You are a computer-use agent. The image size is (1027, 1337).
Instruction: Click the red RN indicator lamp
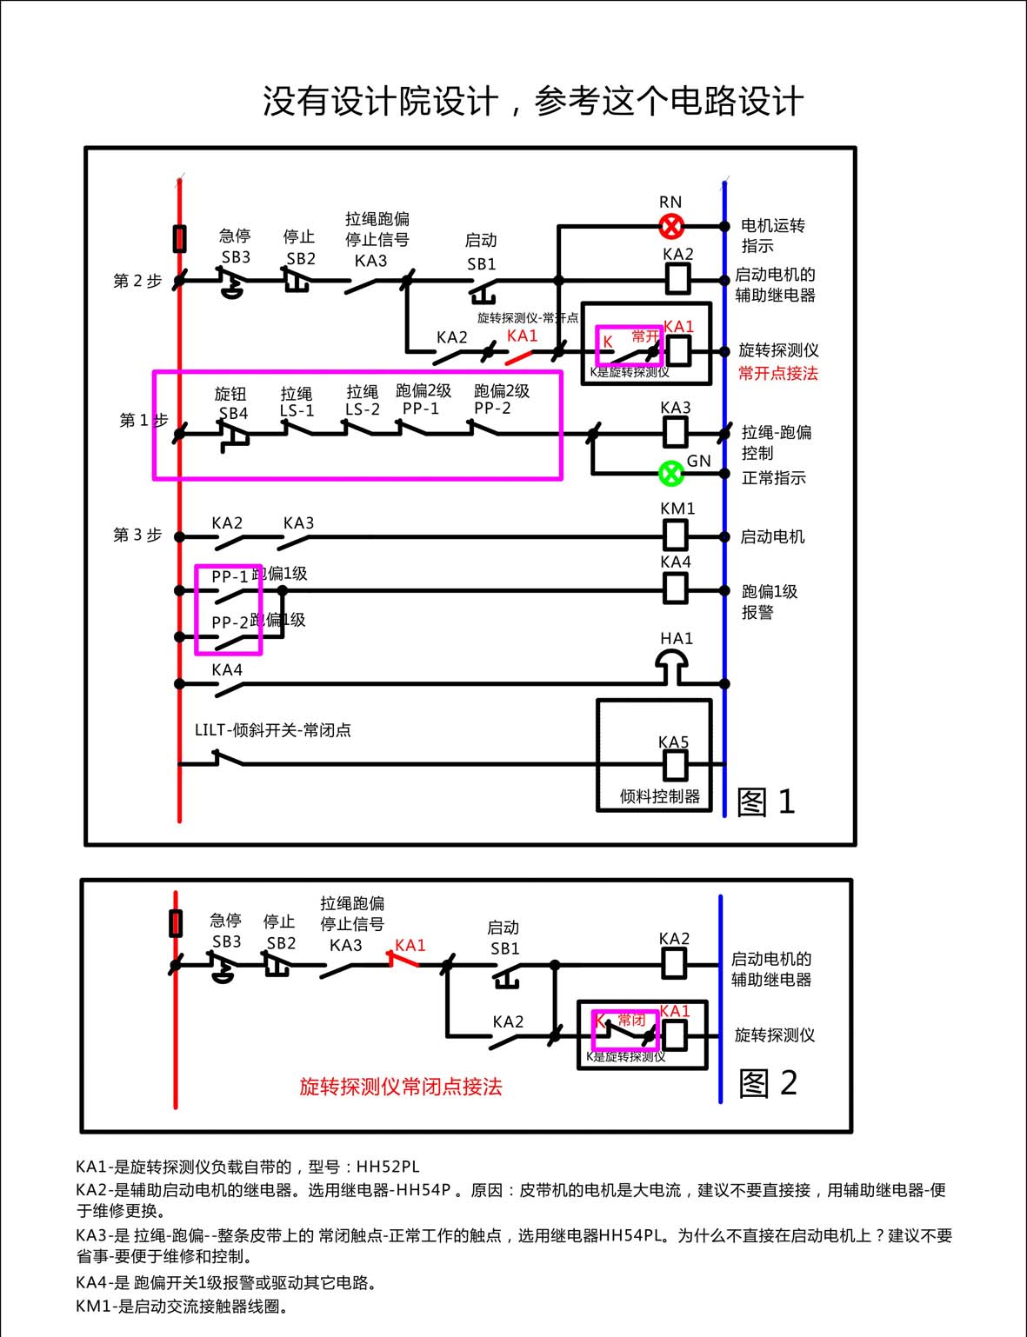point(670,227)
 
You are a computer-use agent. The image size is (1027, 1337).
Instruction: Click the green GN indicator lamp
point(670,474)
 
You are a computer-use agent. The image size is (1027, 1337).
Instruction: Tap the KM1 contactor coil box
point(676,535)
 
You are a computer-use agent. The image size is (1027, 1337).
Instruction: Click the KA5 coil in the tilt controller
point(675,765)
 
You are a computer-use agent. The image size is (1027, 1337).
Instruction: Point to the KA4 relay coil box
point(676,589)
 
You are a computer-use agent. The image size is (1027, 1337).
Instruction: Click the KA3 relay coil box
point(676,432)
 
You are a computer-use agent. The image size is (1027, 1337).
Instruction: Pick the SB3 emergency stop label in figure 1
point(236,257)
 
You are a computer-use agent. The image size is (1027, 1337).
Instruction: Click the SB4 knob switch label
point(233,413)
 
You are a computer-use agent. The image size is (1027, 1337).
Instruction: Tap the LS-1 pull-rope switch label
point(297,410)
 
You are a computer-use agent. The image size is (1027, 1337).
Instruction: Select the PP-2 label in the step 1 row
point(492,408)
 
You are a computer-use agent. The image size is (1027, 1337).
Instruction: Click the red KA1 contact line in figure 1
point(519,356)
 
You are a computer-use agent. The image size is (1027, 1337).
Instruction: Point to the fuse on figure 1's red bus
point(179,238)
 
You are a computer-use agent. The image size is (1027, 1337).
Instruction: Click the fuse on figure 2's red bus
point(176,923)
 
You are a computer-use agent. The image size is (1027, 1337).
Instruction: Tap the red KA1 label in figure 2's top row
point(410,945)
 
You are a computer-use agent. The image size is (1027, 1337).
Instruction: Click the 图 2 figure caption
point(767,1083)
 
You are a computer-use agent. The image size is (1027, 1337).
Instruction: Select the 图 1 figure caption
point(765,802)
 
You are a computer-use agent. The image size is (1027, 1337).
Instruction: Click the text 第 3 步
point(137,535)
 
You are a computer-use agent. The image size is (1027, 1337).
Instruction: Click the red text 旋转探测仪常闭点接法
point(401,1087)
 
